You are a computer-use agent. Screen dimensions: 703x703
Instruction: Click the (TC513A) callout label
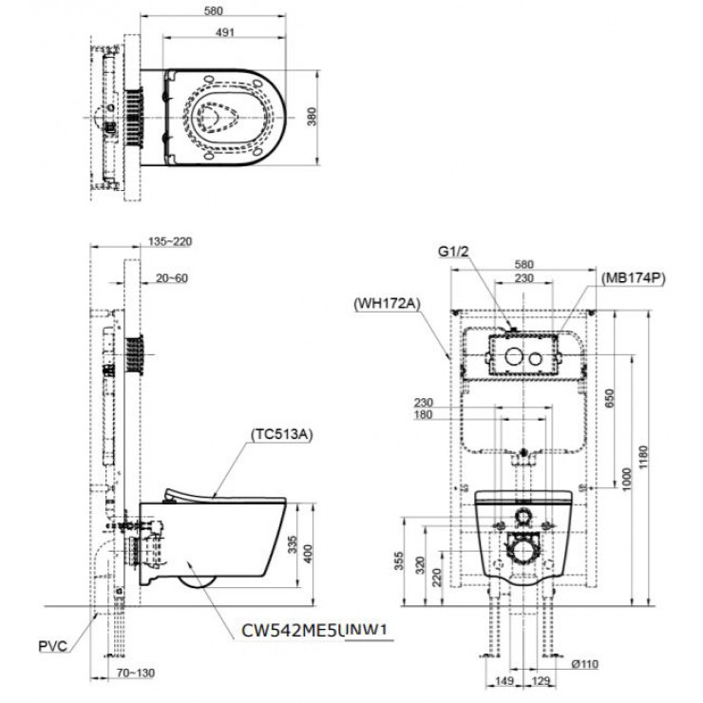click(x=282, y=435)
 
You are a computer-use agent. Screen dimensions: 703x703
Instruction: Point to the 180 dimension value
click(x=425, y=414)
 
